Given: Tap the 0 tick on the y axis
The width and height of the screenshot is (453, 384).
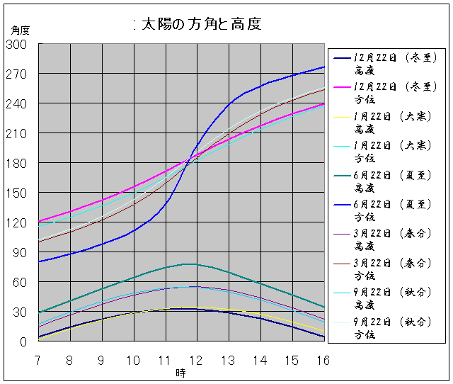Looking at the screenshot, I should tap(23, 341).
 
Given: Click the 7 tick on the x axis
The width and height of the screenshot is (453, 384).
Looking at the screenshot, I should tap(38, 360).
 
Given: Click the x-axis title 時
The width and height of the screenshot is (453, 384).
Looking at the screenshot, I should tap(180, 373).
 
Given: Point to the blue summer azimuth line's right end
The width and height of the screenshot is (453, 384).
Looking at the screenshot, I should tap(323, 67).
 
